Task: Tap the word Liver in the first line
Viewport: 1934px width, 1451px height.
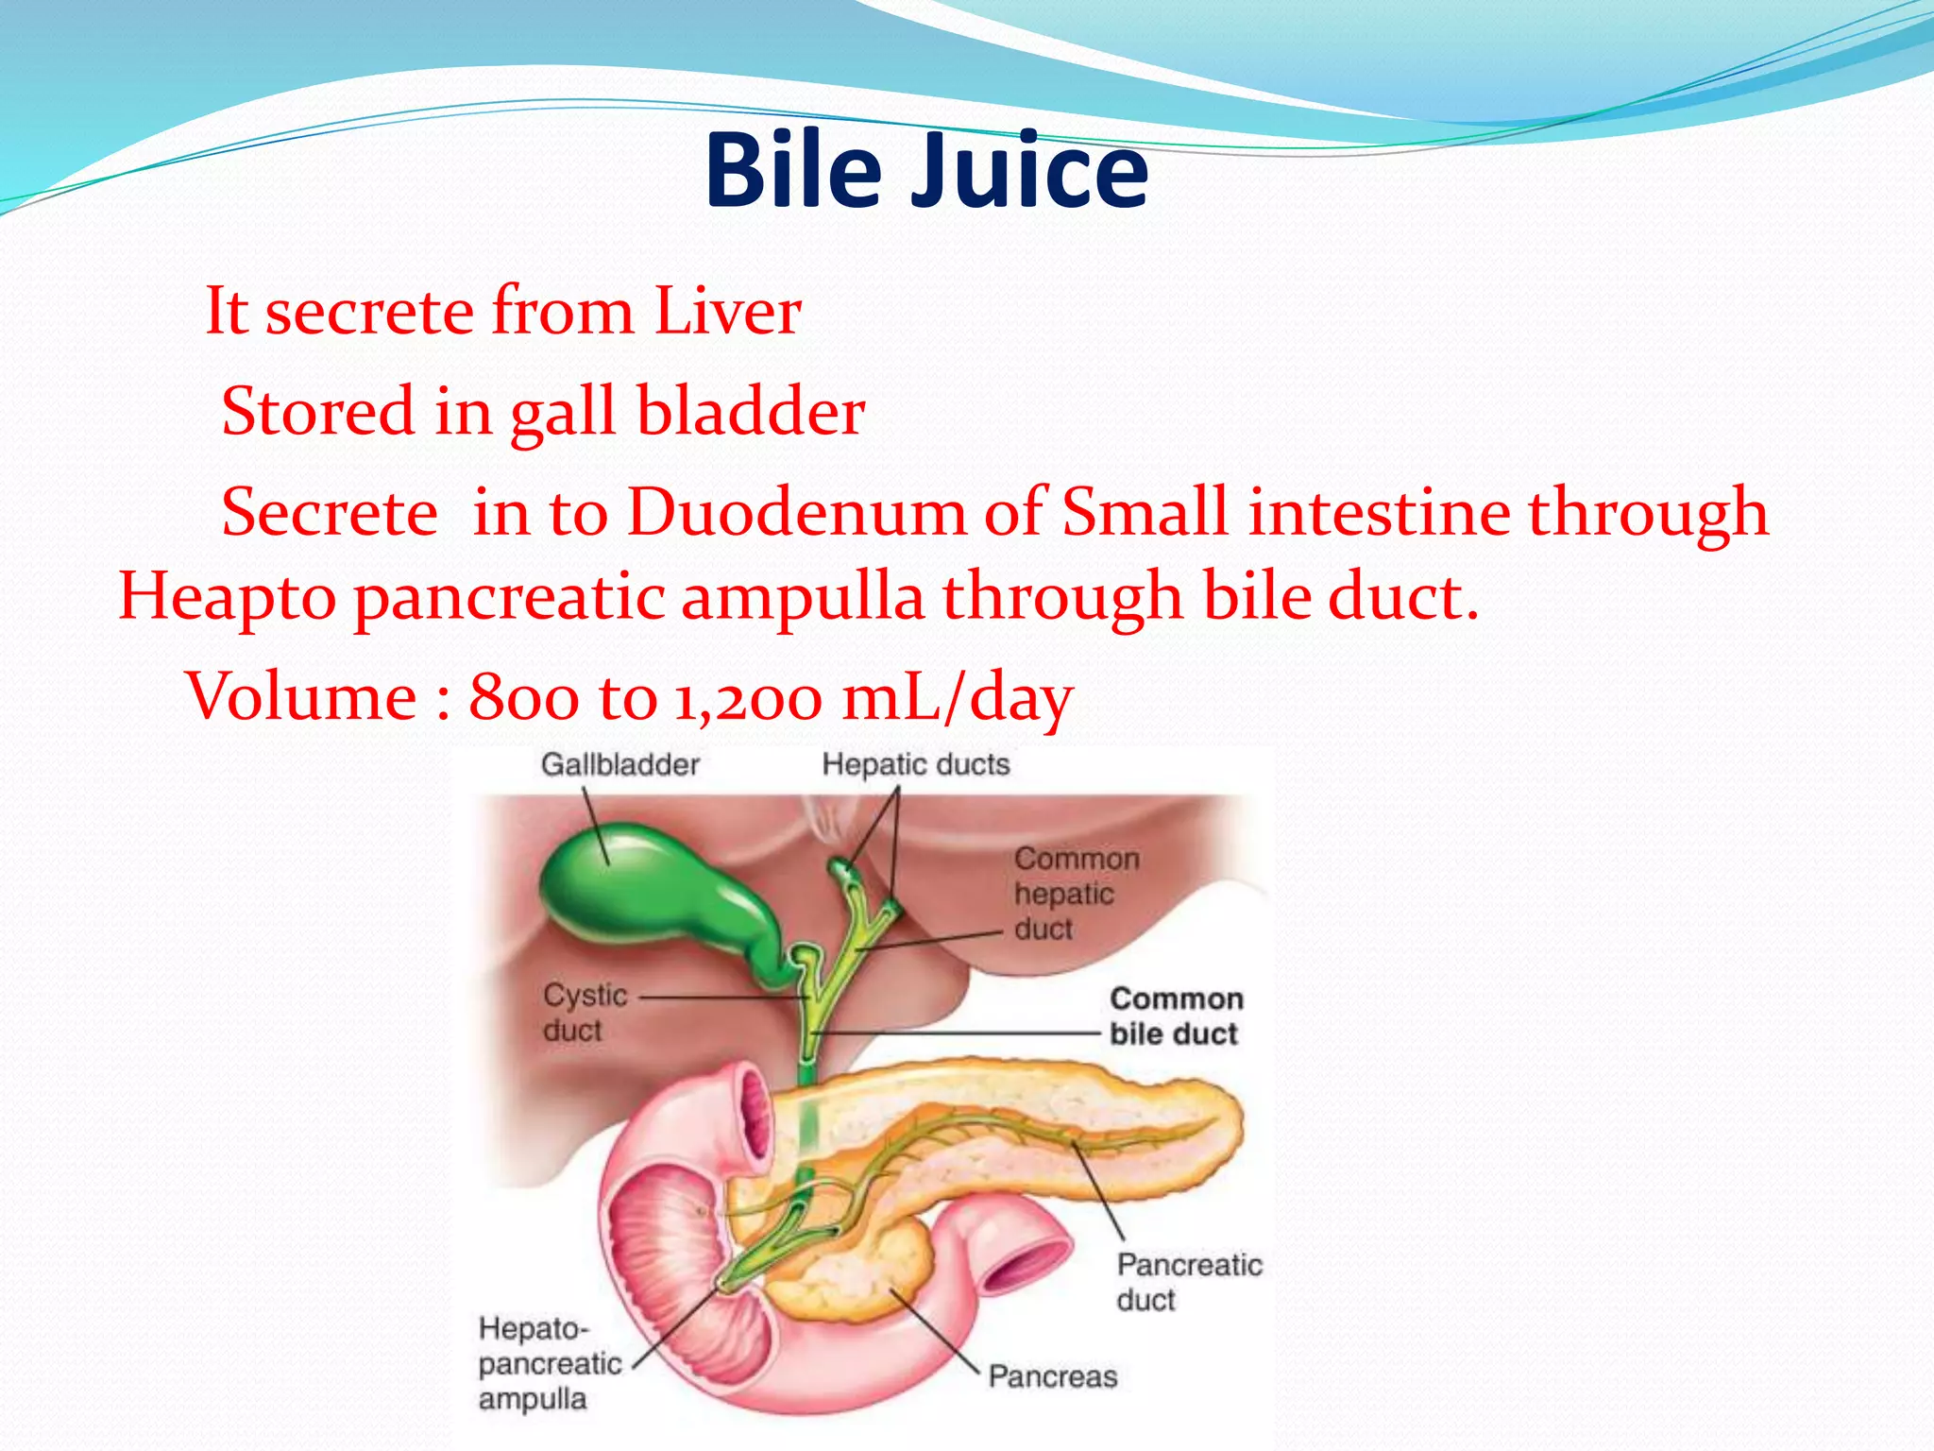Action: [x=727, y=312]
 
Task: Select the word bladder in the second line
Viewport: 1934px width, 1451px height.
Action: [x=750, y=412]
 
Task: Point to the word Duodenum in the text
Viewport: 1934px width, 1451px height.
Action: [x=797, y=513]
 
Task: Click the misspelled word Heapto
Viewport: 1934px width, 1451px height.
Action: [x=227, y=599]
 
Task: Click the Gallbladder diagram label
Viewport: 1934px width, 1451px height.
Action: [x=619, y=764]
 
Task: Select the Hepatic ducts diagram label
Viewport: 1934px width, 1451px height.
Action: [x=915, y=764]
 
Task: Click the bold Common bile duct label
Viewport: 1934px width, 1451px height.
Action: [x=1176, y=1016]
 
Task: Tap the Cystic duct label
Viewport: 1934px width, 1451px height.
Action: [x=584, y=1013]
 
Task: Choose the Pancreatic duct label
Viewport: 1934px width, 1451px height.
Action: [x=1188, y=1282]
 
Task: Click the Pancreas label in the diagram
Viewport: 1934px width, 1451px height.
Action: [x=1052, y=1376]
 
